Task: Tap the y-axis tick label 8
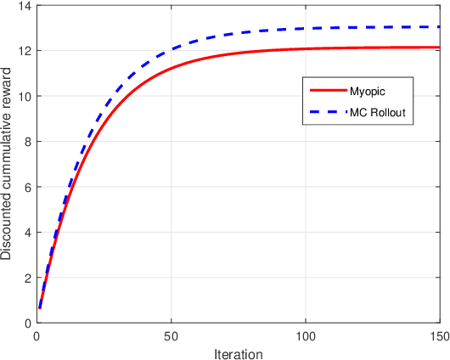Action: coord(25,142)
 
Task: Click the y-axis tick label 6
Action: coord(25,187)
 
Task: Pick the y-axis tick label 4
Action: coord(25,233)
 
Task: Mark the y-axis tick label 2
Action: coord(25,278)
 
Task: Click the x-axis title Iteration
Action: coord(239,352)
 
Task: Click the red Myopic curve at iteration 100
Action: coord(306,49)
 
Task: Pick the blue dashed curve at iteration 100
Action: coord(306,30)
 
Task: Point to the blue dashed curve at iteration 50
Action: coord(171,48)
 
